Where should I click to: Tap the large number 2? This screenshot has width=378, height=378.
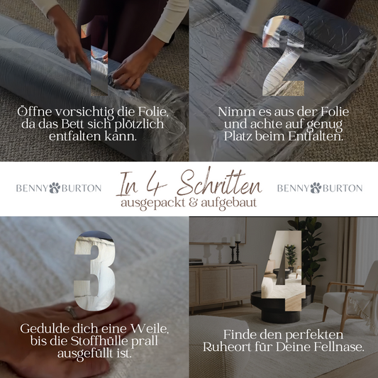283,55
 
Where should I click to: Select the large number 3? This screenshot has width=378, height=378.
95,271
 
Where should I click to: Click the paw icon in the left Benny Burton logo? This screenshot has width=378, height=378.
55,188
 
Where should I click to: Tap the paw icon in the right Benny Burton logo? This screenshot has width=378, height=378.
316,188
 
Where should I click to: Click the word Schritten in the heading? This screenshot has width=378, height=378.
220,183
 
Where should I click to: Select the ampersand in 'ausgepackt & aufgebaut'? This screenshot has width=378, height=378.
193,203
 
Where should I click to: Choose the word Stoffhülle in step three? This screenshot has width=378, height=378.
99,341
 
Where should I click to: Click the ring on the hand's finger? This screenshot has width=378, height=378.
71,312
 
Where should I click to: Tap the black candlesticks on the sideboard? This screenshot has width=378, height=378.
235,252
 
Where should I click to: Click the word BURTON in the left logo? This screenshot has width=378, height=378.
82,188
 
